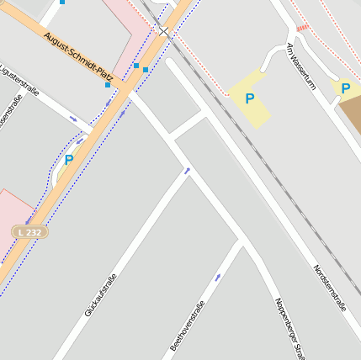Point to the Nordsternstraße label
click(329, 289)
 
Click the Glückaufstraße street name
click(100, 295)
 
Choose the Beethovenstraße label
click(187, 326)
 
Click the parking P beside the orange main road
click(69, 159)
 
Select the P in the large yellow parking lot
click(249, 98)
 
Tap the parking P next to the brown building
click(345, 87)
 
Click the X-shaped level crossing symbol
click(163, 33)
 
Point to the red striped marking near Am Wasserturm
click(302, 28)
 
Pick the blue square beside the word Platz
click(108, 85)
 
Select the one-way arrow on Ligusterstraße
click(73, 119)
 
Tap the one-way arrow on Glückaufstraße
click(187, 171)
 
